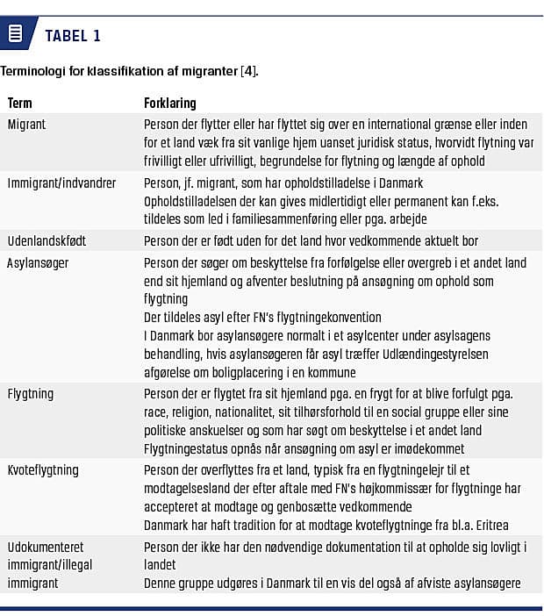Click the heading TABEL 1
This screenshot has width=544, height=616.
[x=73, y=36]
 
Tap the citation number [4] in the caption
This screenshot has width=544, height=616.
[x=248, y=71]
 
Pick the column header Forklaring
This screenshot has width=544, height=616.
[x=170, y=104]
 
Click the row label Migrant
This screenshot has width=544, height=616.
[x=27, y=125]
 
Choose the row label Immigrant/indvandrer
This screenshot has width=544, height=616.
[x=61, y=183]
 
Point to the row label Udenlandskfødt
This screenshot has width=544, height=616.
[x=47, y=240]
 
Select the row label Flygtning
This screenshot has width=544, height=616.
[x=31, y=394]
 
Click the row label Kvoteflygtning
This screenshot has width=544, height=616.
[x=43, y=470]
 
